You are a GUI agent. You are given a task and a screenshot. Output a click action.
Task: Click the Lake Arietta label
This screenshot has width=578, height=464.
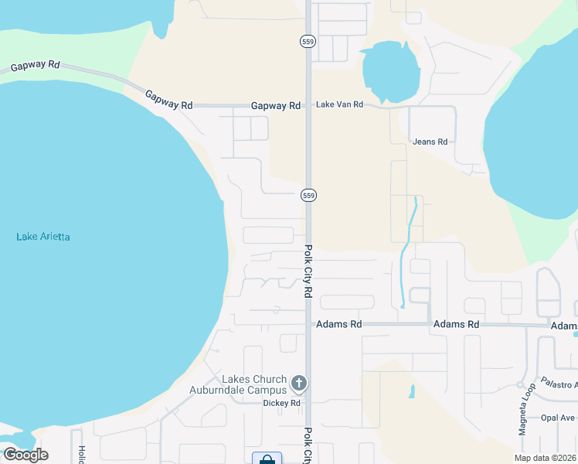[43, 237]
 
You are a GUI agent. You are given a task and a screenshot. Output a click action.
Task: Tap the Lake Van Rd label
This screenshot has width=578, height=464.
[338, 105]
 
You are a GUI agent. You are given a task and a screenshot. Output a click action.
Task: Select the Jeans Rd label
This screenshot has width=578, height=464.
[430, 142]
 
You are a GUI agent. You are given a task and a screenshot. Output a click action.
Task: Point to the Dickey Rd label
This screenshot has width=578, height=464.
[281, 403]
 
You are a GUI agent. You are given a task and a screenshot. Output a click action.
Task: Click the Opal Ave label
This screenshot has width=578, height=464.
[558, 418]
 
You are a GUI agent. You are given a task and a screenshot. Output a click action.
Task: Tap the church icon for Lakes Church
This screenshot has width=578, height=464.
[299, 383]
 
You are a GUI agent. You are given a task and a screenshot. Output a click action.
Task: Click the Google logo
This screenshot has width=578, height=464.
[25, 454]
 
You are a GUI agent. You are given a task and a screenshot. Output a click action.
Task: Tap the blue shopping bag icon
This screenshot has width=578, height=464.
[267, 459]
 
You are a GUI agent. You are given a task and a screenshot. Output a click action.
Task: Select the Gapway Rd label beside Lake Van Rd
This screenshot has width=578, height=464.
[276, 105]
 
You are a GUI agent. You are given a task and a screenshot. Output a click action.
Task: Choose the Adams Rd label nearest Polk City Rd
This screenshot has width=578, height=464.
[339, 325]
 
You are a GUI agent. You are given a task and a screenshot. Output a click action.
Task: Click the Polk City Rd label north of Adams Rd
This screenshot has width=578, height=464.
[308, 271]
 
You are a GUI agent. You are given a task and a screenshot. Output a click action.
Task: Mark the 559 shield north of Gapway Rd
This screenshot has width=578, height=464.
[308, 41]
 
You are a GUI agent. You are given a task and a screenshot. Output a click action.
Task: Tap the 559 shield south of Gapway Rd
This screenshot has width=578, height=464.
[308, 196]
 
